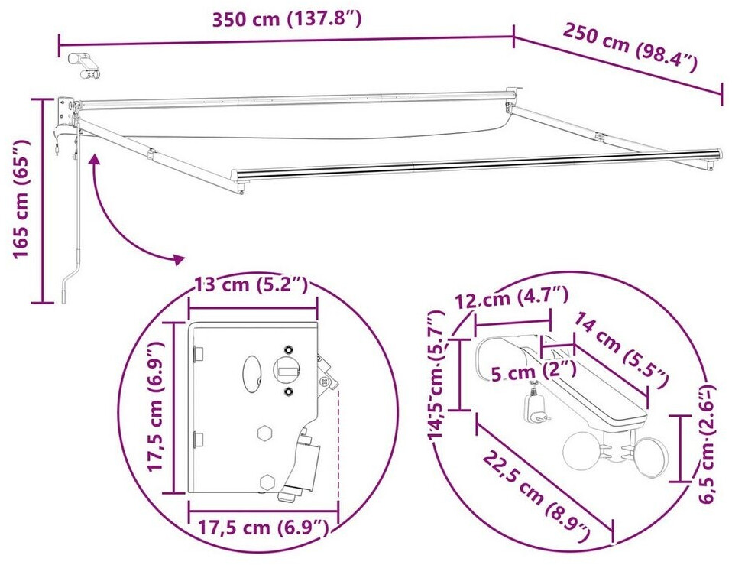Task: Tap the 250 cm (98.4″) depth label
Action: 630,47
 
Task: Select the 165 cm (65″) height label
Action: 21,199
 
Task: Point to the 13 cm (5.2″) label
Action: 251,284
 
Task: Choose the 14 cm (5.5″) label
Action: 620,349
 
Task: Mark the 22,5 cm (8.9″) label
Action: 536,496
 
